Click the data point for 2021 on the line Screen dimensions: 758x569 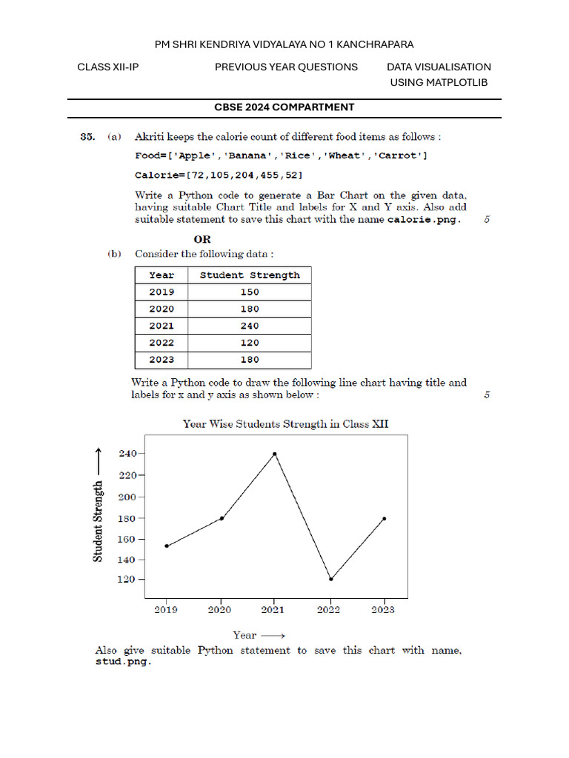[x=275, y=454]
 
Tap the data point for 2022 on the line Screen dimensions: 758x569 [x=330, y=579]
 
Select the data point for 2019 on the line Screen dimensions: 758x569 [x=167, y=546]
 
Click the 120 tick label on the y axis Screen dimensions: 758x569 [x=127, y=580]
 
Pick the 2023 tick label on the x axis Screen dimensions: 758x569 [x=383, y=610]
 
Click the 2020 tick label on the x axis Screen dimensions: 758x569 [x=220, y=610]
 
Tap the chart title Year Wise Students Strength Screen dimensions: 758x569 [x=285, y=424]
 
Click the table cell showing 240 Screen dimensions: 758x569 [x=250, y=326]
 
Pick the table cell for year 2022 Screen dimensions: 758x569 [x=162, y=343]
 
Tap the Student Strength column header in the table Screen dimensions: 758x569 [x=250, y=275]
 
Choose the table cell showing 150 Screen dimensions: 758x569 [x=250, y=292]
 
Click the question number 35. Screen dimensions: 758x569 [x=87, y=137]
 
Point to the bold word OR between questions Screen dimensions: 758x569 [x=202, y=240]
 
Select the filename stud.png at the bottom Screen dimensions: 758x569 [x=123, y=663]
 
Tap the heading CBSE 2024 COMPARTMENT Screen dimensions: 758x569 [x=284, y=107]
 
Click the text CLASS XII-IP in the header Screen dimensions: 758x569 [x=108, y=67]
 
